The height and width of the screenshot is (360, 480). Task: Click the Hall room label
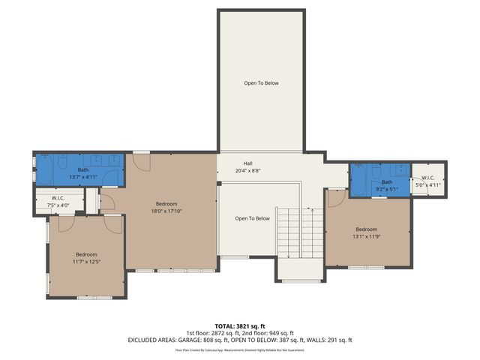(247, 163)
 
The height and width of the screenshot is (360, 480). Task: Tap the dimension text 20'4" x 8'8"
(247, 170)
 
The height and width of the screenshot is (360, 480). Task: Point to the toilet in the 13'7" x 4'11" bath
(110, 177)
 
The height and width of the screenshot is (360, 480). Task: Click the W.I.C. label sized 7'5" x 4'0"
(58, 199)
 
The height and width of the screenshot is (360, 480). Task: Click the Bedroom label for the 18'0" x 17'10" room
(166, 204)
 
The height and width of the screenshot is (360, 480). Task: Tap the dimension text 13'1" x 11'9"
(366, 236)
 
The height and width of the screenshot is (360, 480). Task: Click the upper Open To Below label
(260, 82)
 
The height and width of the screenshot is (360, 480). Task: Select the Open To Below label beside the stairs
(252, 218)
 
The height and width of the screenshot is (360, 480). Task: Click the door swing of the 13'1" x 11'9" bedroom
(335, 196)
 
